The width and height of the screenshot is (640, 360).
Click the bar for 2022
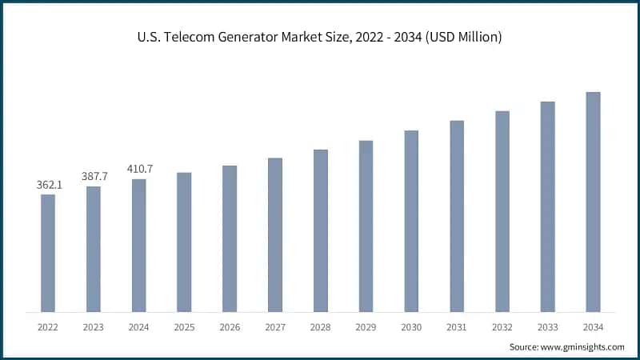48,253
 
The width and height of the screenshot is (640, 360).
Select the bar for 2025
184,242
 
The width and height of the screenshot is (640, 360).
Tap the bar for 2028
320,230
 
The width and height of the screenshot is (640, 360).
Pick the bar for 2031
457,216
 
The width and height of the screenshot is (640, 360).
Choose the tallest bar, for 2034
593,202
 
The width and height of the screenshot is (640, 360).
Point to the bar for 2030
411,221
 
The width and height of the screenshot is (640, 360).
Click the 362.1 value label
49,185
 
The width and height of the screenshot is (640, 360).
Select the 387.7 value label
94,176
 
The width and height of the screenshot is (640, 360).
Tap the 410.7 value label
139,169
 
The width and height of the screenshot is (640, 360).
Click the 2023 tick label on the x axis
94,326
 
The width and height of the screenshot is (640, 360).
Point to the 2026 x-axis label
230,326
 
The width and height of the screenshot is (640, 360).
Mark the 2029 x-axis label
366,326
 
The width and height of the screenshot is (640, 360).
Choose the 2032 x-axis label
502,326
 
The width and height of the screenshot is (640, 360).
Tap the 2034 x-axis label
593,326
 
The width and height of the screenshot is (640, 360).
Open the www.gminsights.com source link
581,346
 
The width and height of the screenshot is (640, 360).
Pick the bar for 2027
275,234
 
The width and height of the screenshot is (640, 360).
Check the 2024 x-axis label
139,326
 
